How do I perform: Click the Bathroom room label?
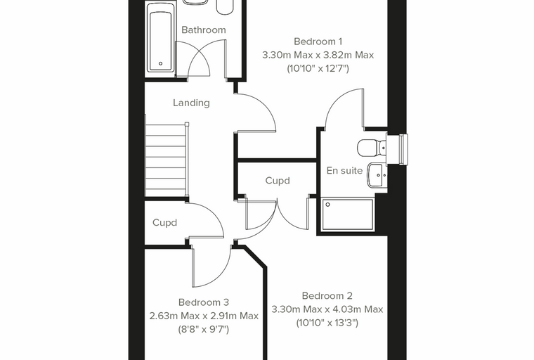coord(203,30)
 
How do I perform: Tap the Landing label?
coord(191,103)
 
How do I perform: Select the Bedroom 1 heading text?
coord(318,41)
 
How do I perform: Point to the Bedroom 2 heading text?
coord(327,295)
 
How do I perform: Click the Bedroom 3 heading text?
coord(204,302)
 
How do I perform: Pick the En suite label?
coord(344,170)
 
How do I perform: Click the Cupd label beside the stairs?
coord(164,223)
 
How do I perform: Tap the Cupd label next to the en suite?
coord(278,180)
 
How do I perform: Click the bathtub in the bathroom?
coord(160,40)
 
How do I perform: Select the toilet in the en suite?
coord(371,148)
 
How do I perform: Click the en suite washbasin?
coord(377,175)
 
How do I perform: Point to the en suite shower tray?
coord(347,214)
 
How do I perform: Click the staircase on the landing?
coord(167,160)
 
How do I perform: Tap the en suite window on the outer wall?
coord(403,148)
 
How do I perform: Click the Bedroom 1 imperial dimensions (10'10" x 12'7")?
coord(318,69)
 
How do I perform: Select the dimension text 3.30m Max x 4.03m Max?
coord(327,309)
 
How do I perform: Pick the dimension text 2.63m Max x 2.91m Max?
coord(204,316)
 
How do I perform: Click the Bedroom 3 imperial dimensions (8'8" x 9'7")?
coord(204,330)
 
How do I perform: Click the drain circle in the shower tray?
coord(327,205)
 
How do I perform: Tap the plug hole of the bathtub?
coord(160,63)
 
